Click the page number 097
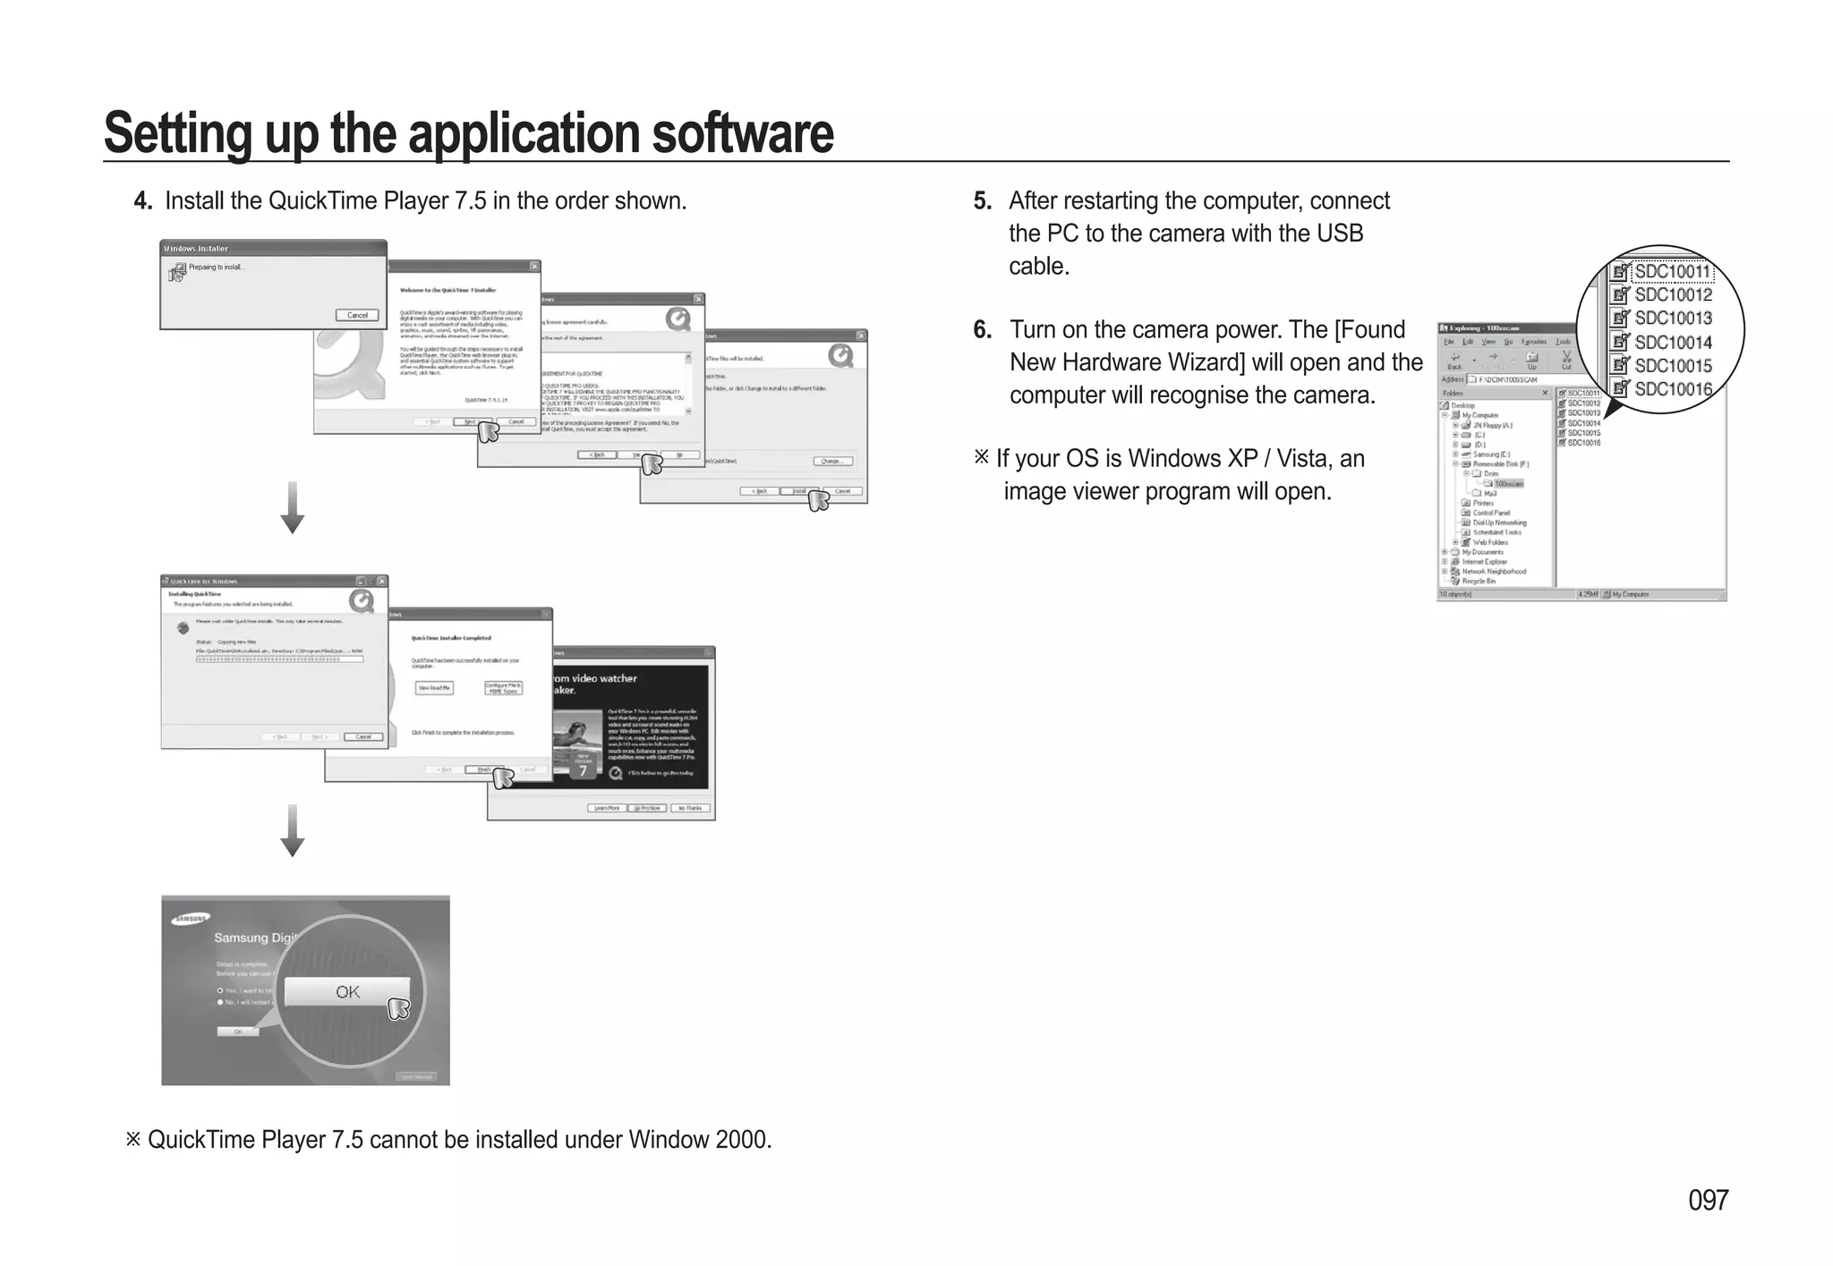[x=1708, y=1200]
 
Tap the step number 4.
[x=142, y=201]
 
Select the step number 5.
[x=982, y=201]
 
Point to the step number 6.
[x=982, y=330]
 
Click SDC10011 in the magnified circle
[x=1672, y=271]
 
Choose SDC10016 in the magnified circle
[x=1672, y=389]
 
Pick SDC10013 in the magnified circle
[x=1672, y=319]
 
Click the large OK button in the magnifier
[x=347, y=991]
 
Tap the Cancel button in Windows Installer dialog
[x=357, y=315]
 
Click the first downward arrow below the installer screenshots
[x=293, y=508]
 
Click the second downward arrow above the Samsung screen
[x=293, y=831]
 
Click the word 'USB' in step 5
[x=1339, y=234]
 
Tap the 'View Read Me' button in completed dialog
[x=434, y=687]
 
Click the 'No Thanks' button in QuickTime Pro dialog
[x=689, y=808]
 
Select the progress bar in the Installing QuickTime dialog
[x=279, y=659]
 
